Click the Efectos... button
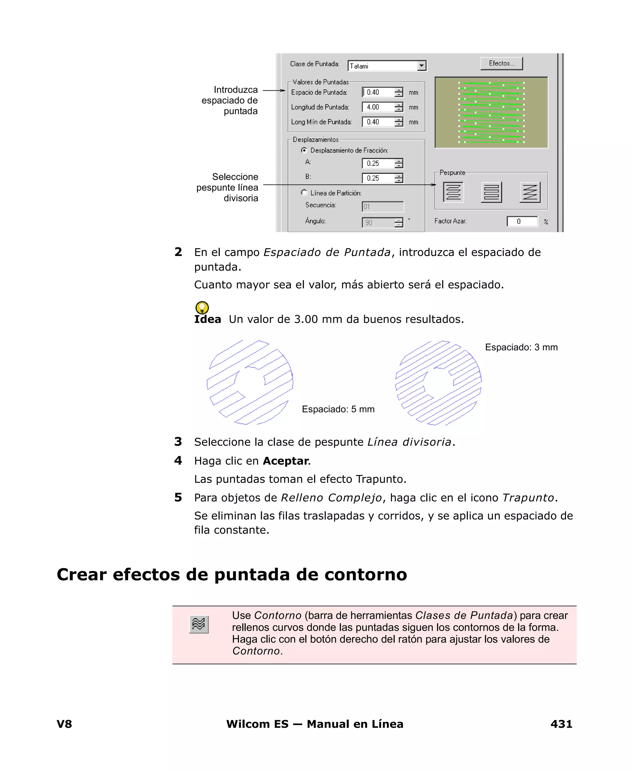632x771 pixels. [501, 63]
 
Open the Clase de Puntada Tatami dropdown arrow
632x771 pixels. [422, 66]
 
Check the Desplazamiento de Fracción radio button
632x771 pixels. [304, 150]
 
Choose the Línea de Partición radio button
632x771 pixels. [304, 193]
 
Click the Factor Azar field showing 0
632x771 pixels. [522, 221]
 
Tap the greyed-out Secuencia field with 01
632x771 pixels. [382, 207]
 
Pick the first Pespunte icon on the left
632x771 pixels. [453, 192]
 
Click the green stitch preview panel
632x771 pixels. [491, 112]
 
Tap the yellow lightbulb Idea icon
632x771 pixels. [202, 307]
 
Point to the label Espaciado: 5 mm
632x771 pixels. [338, 409]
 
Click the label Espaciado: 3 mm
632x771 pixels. [521, 347]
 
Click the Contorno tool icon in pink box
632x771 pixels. [199, 624]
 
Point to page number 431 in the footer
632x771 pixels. [561, 724]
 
